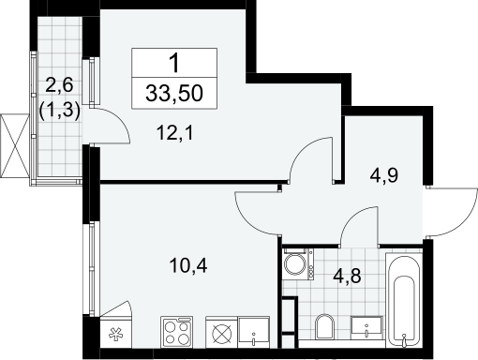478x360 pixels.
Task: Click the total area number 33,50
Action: [x=174, y=93]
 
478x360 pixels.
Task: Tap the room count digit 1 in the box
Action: [x=174, y=63]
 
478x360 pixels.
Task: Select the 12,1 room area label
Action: [x=175, y=132]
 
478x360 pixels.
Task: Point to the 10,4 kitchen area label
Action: [x=188, y=266]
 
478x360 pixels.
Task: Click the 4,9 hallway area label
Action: [x=384, y=175]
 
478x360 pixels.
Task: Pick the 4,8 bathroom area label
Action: [x=347, y=276]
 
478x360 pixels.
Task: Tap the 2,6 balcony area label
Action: [x=59, y=85]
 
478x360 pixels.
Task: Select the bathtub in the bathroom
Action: [x=404, y=300]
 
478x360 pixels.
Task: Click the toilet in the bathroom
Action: [x=324, y=326]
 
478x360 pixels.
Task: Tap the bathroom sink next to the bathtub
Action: [x=366, y=326]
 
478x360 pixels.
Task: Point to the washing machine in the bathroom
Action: [x=299, y=263]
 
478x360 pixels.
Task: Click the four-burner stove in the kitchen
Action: [x=177, y=332]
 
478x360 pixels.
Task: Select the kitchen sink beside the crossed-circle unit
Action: [x=254, y=332]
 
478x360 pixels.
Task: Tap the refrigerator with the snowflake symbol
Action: [x=116, y=333]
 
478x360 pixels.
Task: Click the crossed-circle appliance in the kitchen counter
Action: [x=222, y=332]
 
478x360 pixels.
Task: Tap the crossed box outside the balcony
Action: [x=15, y=146]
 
